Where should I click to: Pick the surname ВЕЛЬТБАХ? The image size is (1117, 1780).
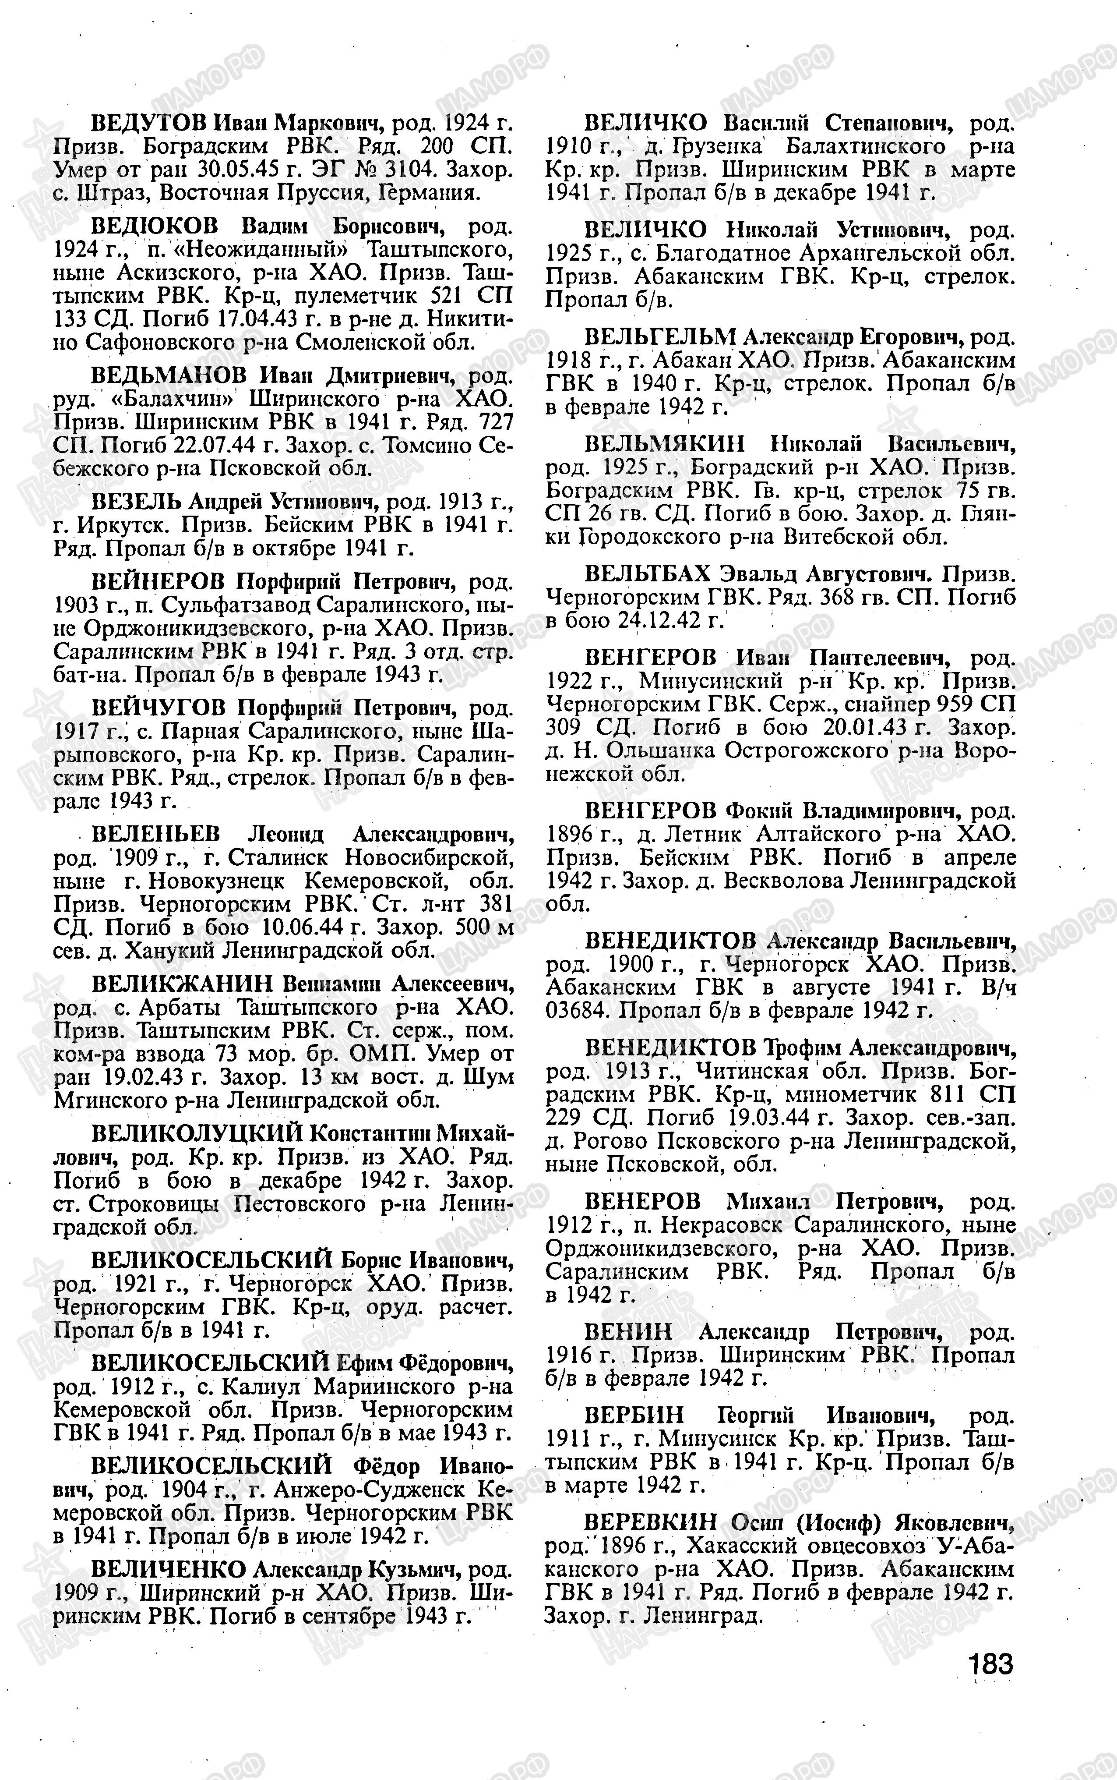click(x=647, y=573)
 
